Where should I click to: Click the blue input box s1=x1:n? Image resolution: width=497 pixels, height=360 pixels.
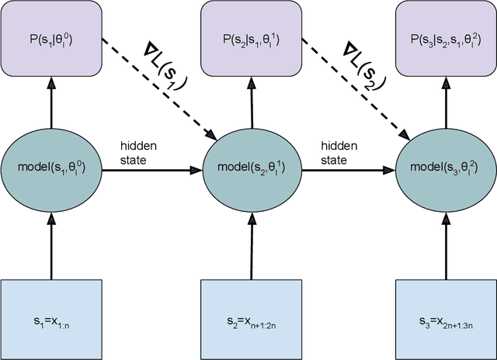click(51, 319)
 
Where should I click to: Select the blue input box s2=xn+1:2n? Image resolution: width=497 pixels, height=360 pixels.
click(249, 319)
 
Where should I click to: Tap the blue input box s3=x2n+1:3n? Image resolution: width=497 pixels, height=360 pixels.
click(447, 319)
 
